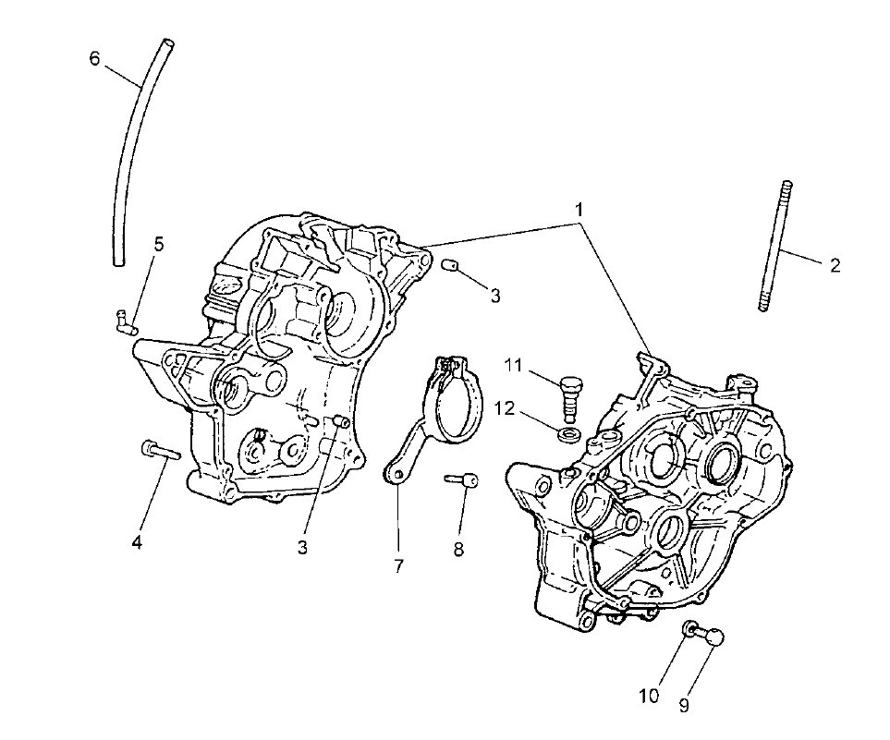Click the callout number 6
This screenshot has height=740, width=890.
pos(95,58)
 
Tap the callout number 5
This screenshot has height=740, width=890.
pos(159,245)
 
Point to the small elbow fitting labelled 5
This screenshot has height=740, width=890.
pos(126,321)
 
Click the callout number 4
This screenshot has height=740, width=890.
pos(137,542)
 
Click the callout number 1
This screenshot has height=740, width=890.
pos(579,210)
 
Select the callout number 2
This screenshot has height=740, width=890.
pos(835,265)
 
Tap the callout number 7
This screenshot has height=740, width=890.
pos(398,565)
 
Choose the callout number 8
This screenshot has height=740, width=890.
pos(458,549)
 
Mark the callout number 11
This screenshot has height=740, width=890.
pos(514,366)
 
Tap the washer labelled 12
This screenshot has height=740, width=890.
pos(569,435)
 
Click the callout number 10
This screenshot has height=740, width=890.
pos(650,696)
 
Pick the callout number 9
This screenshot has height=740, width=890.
pos(683,706)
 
